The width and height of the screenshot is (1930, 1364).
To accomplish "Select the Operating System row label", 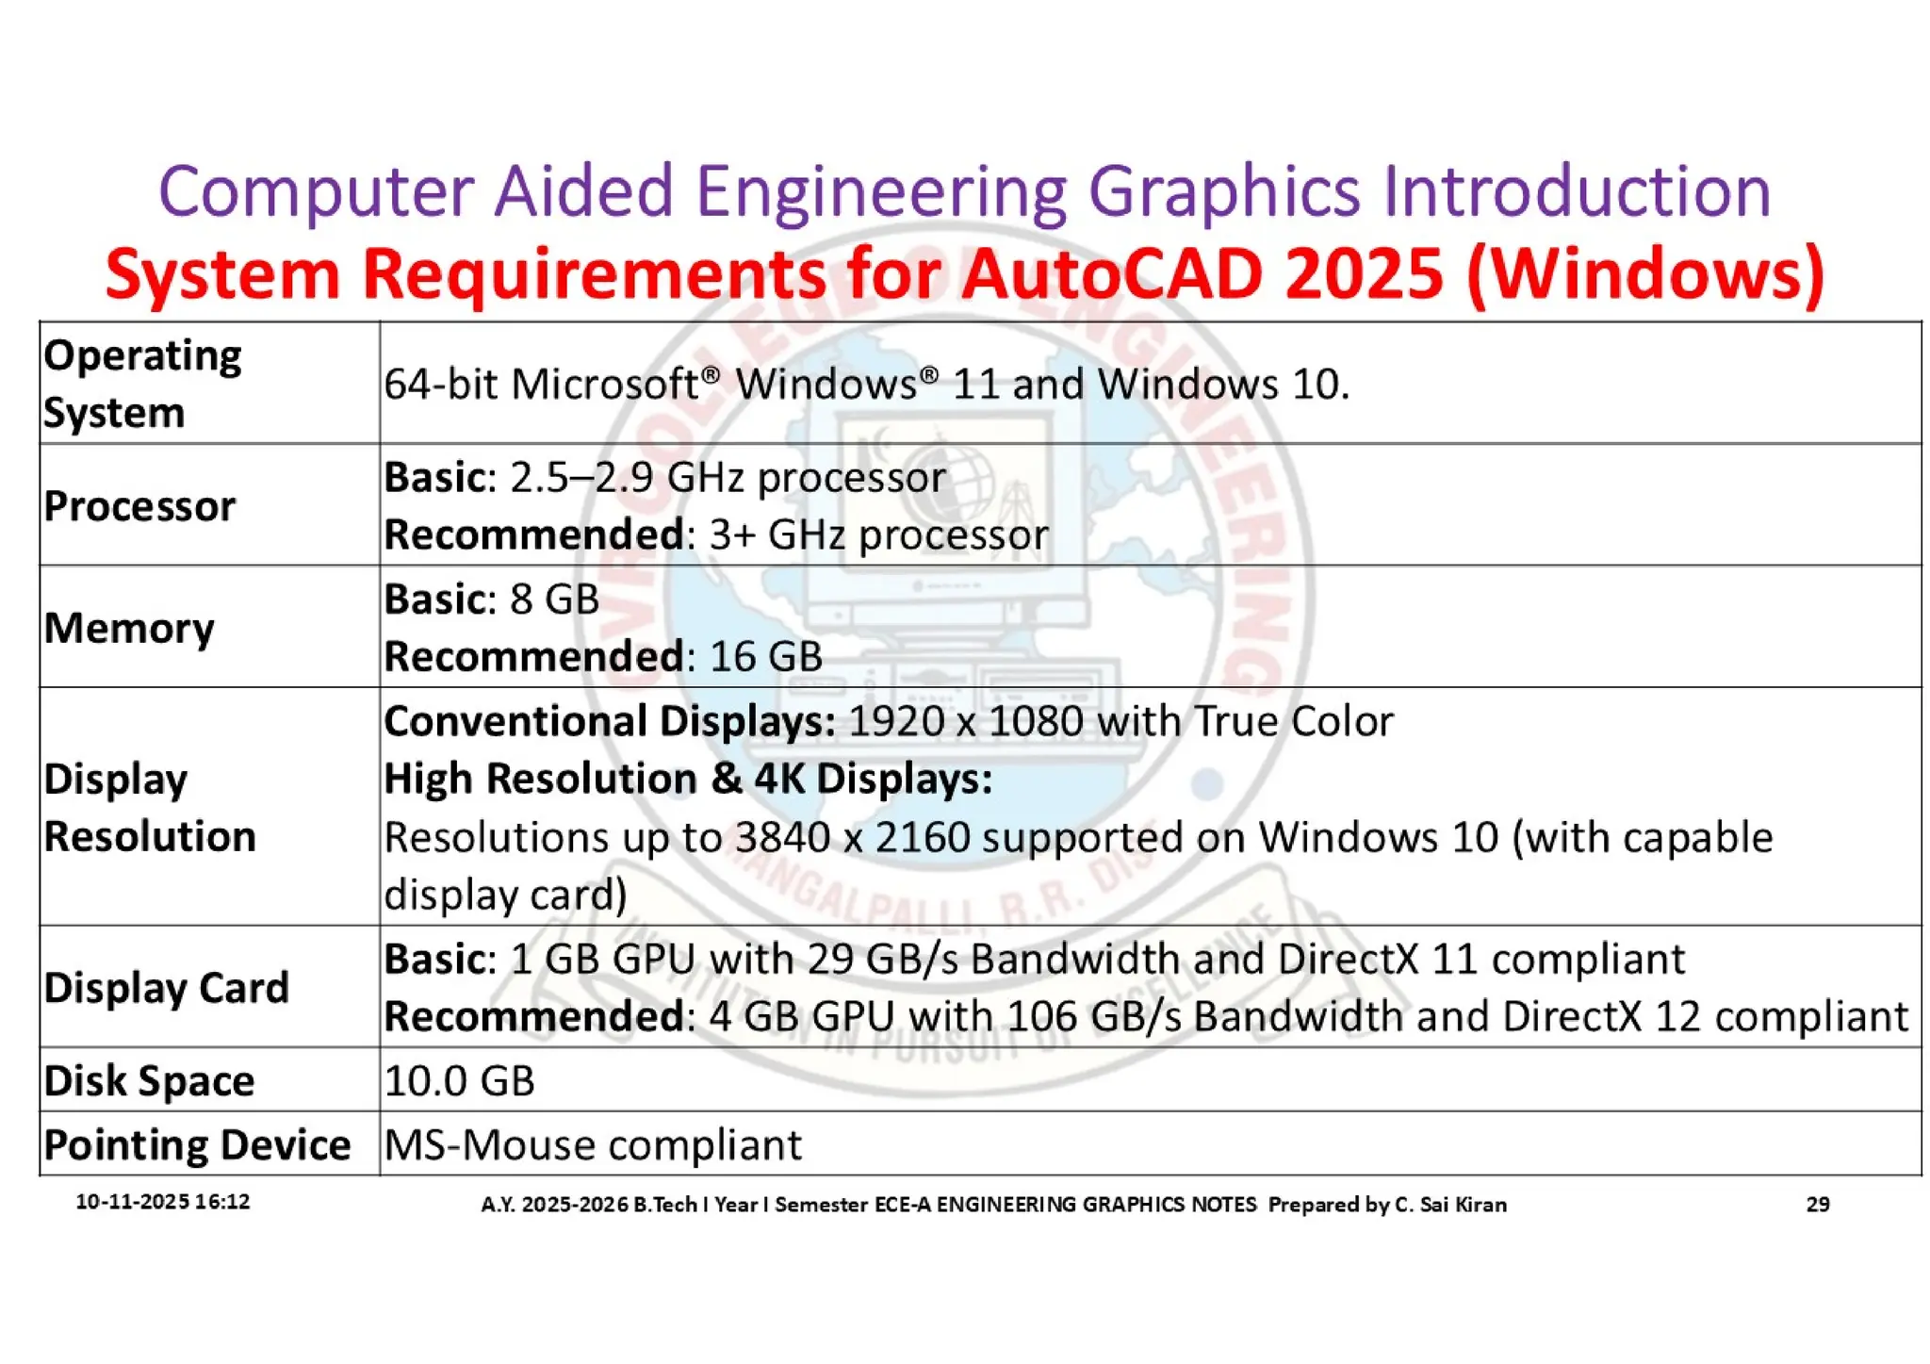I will pyautogui.click(x=141, y=384).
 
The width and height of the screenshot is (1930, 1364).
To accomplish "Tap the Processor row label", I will pyautogui.click(x=139, y=506).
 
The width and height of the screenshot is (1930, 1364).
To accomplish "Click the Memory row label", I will pyautogui.click(x=129, y=628).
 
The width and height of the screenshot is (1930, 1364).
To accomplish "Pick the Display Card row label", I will pyautogui.click(x=166, y=988).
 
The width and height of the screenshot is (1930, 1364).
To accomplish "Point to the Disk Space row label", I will pyautogui.click(x=149, y=1080).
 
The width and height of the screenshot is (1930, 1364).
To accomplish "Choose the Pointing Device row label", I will pyautogui.click(x=197, y=1144).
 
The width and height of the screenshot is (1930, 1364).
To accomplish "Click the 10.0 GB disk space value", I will pyautogui.click(x=459, y=1080).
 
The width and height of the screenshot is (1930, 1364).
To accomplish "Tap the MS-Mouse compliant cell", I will pyautogui.click(x=593, y=1145).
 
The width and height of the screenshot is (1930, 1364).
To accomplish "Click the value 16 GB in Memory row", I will pyautogui.click(x=765, y=656).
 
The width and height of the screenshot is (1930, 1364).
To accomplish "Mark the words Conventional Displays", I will pyautogui.click(x=609, y=721).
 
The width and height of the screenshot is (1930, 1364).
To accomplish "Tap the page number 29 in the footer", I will pyautogui.click(x=1817, y=1204).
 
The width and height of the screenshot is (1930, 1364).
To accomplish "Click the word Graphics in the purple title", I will pyautogui.click(x=1223, y=191).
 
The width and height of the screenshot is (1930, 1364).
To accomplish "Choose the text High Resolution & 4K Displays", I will pyautogui.click(x=688, y=779).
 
